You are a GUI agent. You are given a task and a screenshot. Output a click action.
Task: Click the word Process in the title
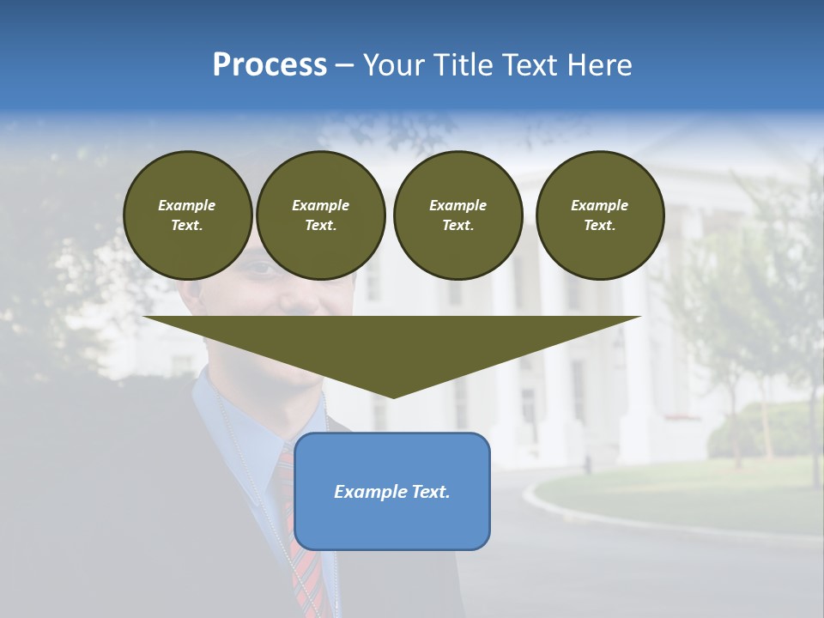tap(270, 65)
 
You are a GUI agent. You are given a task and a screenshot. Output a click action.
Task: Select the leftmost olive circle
tap(188, 215)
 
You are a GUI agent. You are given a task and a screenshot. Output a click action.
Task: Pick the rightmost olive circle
tap(600, 215)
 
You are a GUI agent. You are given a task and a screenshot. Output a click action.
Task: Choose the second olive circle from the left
tap(320, 215)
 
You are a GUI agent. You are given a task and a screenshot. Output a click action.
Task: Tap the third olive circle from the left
tap(457, 215)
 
